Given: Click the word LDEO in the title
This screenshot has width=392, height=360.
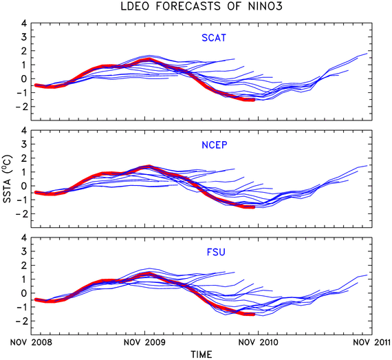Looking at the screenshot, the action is coord(135,6).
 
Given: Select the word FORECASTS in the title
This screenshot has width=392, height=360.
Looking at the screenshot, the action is coord(188,6).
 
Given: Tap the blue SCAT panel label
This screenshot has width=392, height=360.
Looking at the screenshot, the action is coord(214,38).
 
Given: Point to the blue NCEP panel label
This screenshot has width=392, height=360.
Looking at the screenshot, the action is coord(215,145).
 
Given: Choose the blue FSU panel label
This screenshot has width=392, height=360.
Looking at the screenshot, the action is coord(216,252).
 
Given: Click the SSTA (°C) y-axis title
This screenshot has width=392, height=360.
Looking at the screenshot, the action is coord(8,179).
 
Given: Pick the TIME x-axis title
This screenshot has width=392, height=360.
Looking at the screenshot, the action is coord(202,354).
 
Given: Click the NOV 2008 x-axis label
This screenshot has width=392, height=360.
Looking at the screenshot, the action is coord(31,342).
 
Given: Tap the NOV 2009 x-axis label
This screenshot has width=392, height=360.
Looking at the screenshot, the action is coord(144,342).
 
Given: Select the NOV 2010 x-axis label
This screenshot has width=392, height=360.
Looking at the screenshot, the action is coord(259,342).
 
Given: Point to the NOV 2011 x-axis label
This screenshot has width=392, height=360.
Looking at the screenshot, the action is coord(372,342).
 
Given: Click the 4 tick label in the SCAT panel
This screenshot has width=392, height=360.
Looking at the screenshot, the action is coord(24,23).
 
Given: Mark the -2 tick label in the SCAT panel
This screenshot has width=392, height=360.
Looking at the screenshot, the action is coord(21,107).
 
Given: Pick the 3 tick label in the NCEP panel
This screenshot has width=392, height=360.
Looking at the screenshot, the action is coord(24,145).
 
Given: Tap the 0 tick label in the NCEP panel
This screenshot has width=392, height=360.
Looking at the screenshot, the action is coord(24,186).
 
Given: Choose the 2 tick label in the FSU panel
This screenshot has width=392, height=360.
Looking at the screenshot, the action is coord(24,266).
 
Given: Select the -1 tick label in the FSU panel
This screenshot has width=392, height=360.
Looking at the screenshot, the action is coord(21,307).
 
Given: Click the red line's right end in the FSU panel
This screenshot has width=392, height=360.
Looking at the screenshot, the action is coord(254,315).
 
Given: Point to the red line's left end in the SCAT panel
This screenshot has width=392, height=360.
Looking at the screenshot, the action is coord(36,85).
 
